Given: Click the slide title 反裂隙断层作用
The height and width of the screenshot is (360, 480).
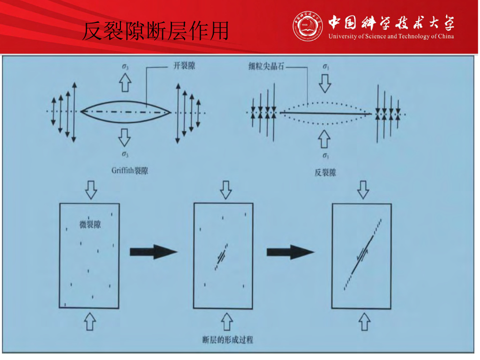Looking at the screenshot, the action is pos(156,30).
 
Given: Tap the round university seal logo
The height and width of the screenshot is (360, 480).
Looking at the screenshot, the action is pos(307,26).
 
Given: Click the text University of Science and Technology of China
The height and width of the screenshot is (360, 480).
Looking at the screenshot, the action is pos(391,37).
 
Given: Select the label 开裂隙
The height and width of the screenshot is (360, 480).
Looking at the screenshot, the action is pos(184,66).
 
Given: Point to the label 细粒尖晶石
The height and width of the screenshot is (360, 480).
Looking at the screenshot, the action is pos(266,66).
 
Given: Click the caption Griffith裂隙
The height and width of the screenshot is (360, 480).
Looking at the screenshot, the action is pos(130,171).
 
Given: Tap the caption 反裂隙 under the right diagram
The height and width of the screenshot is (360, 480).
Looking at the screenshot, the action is pos(325,172).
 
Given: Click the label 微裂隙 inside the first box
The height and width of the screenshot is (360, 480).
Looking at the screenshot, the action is pos(90,225).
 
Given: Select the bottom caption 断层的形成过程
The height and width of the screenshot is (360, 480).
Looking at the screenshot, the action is pos(228,340).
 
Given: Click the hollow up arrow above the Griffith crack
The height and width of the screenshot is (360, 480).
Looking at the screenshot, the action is pos(125,82).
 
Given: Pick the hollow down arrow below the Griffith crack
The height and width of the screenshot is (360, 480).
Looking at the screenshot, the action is pos(124,137).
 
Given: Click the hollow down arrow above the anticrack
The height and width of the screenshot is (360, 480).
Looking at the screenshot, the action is pos(325,83).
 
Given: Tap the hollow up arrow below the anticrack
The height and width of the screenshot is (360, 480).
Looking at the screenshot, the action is pos(324,139).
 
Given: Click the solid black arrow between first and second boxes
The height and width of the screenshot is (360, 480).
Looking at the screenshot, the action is pos(154,252).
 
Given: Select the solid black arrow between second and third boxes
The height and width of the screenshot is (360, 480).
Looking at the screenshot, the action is pos(291,252).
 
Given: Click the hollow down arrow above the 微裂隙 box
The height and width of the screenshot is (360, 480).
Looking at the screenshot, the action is pos(91,190).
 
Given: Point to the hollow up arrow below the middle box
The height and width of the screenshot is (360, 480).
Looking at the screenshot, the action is pos(226,322).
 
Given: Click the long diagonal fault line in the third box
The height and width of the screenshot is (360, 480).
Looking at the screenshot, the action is pos(363,255).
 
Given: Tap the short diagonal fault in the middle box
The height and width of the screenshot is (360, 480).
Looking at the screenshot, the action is pos(221,257).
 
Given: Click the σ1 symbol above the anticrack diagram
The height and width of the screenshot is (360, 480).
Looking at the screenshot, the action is pos(326,67).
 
